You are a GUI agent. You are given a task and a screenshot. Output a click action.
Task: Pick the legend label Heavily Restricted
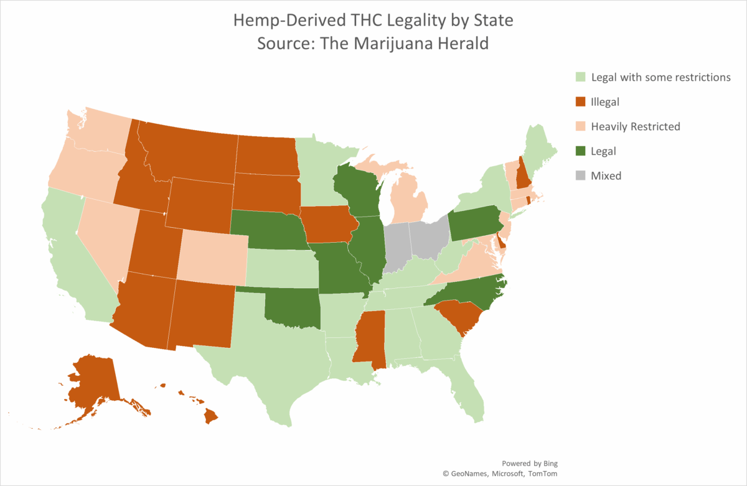point(636,126)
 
